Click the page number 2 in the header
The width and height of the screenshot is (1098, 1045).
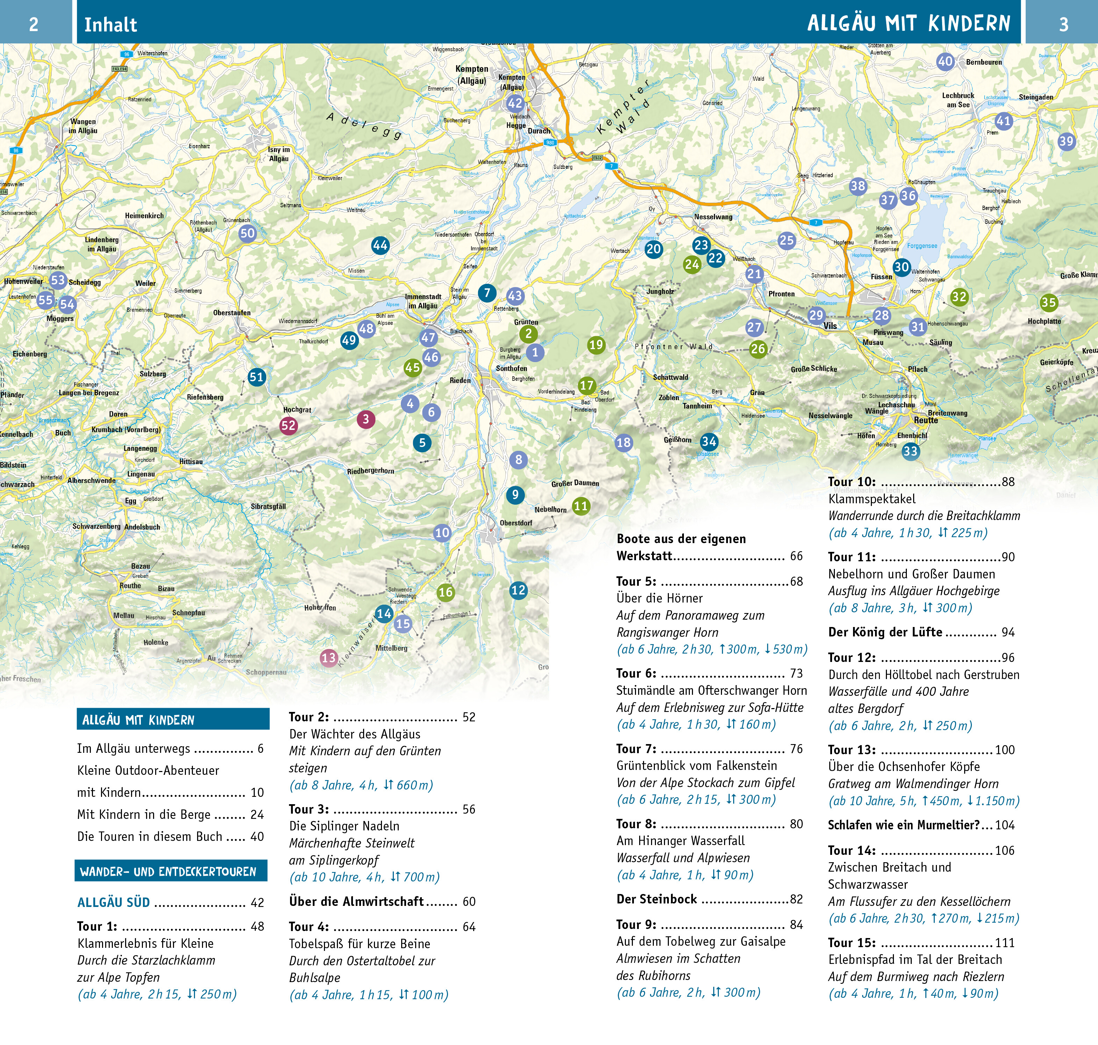(34, 24)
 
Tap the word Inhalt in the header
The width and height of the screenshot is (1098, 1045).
(110, 24)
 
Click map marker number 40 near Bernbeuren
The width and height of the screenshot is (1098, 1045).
(945, 61)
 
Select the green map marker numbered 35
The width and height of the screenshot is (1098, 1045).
(1048, 302)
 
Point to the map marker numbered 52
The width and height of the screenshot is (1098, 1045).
(288, 426)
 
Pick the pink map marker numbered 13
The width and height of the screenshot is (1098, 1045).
(329, 658)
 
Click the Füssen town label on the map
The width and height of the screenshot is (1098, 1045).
(881, 277)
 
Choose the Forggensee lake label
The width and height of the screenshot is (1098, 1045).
(922, 246)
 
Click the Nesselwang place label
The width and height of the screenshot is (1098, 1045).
(713, 217)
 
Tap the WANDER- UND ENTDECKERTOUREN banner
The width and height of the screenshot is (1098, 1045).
(168, 871)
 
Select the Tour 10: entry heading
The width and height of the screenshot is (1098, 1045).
(852, 482)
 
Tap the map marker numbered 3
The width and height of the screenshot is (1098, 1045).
(366, 419)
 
